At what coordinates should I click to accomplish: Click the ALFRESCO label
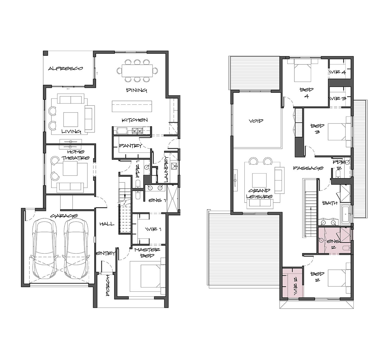click(x=65, y=68)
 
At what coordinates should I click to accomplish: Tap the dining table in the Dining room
click(x=137, y=71)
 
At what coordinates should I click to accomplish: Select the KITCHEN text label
click(x=135, y=120)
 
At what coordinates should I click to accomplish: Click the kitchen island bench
click(x=132, y=106)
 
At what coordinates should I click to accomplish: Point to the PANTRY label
click(x=131, y=145)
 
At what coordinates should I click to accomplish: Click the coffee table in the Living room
click(x=70, y=119)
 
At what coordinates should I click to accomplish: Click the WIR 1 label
click(x=153, y=229)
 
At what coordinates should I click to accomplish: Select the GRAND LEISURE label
click(x=259, y=194)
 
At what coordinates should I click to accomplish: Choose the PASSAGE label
click(x=308, y=168)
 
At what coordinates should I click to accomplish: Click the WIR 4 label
click(x=338, y=72)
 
